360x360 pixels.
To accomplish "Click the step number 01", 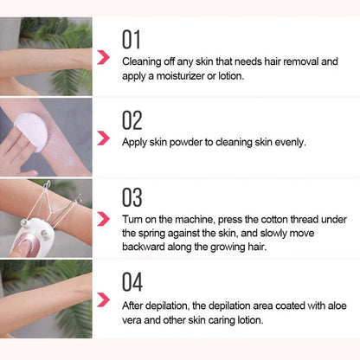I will point(131,39).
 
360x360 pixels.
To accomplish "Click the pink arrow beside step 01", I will point(103,58).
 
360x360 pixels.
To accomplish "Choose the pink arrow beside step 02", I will point(103,138).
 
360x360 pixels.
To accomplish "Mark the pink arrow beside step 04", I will point(103,301).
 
